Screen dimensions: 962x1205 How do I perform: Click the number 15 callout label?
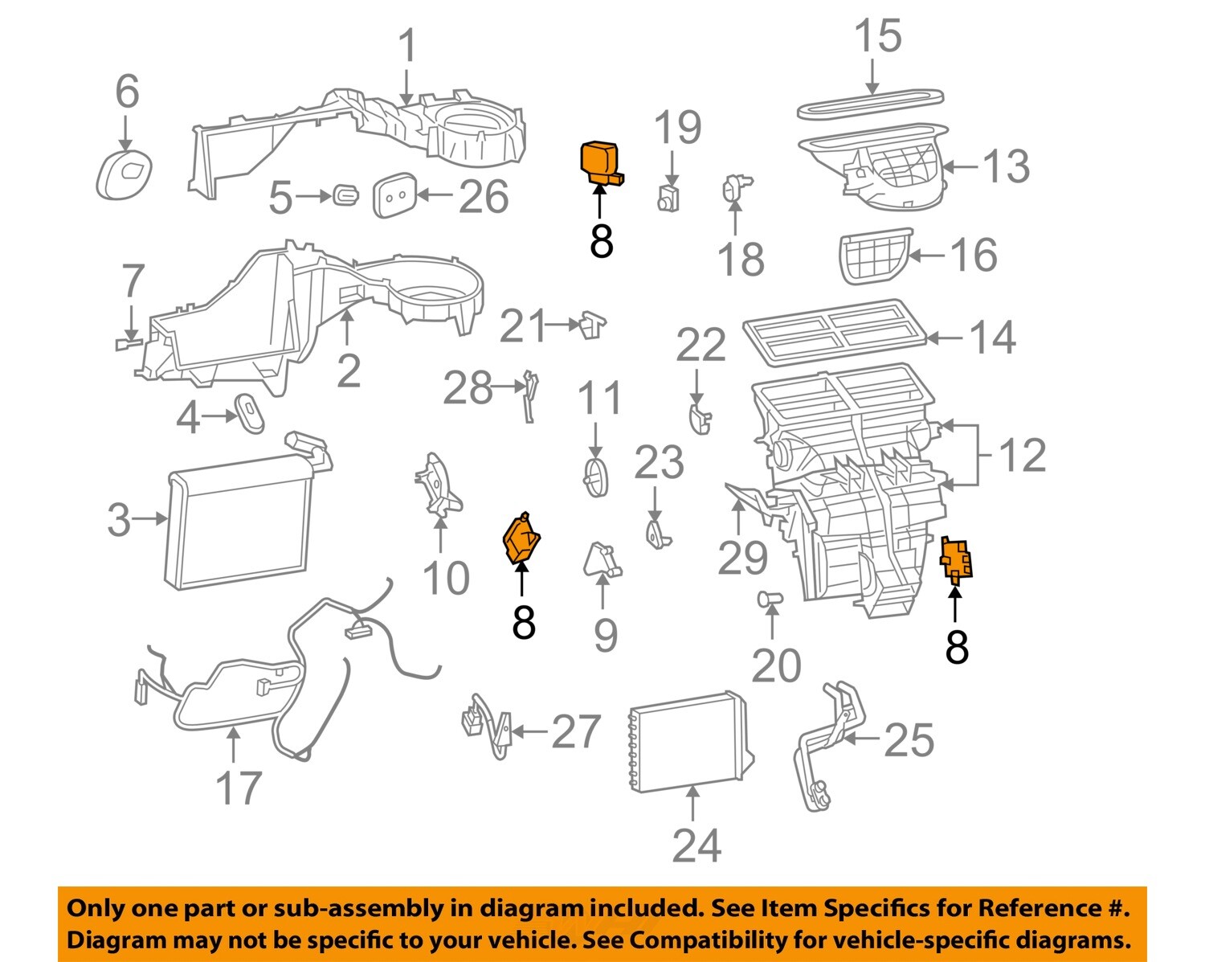click(877, 38)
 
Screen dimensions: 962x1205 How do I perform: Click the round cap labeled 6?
click(125, 174)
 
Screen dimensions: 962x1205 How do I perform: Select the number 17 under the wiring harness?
click(239, 788)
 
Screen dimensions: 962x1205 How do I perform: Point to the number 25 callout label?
click(909, 740)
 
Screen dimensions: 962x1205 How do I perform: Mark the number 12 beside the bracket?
click(1022, 455)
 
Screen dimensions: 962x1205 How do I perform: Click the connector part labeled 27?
click(486, 726)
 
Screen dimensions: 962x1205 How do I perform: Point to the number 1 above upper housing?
click(408, 46)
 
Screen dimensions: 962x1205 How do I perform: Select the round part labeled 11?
click(594, 477)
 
